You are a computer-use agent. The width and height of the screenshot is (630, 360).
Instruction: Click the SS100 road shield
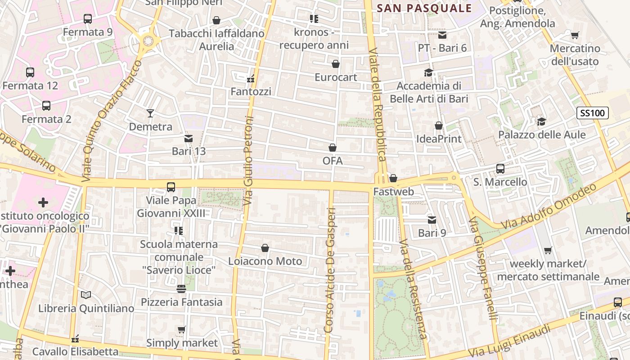click(x=593, y=113)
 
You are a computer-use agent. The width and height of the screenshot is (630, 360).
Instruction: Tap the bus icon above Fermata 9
click(x=88, y=19)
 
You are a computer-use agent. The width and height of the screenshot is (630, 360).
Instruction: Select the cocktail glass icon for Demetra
click(x=150, y=113)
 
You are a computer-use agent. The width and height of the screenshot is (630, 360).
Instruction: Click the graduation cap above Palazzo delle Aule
click(x=541, y=121)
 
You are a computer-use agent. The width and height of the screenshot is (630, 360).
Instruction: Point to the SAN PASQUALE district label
click(x=424, y=8)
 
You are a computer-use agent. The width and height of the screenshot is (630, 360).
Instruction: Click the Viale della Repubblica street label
click(x=378, y=104)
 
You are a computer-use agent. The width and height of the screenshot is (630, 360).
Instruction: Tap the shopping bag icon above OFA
click(x=333, y=148)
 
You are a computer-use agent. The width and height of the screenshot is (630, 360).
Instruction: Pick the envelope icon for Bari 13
click(x=188, y=138)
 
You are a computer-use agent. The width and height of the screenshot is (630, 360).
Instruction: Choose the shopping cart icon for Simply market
click(x=181, y=330)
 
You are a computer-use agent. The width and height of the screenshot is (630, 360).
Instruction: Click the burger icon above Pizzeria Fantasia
click(x=181, y=288)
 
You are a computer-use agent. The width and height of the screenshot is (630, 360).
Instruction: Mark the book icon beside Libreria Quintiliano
click(x=86, y=295)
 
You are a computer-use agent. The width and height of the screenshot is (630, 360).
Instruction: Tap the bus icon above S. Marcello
click(x=500, y=169)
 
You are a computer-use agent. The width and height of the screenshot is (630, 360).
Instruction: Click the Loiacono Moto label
click(x=265, y=261)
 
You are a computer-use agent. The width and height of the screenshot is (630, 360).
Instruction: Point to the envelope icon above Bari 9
click(x=432, y=220)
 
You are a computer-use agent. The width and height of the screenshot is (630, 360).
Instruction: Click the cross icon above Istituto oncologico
click(x=43, y=202)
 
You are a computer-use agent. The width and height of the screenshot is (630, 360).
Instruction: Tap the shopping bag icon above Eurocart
click(x=335, y=64)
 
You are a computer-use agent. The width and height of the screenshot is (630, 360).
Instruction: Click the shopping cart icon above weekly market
click(x=548, y=250)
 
